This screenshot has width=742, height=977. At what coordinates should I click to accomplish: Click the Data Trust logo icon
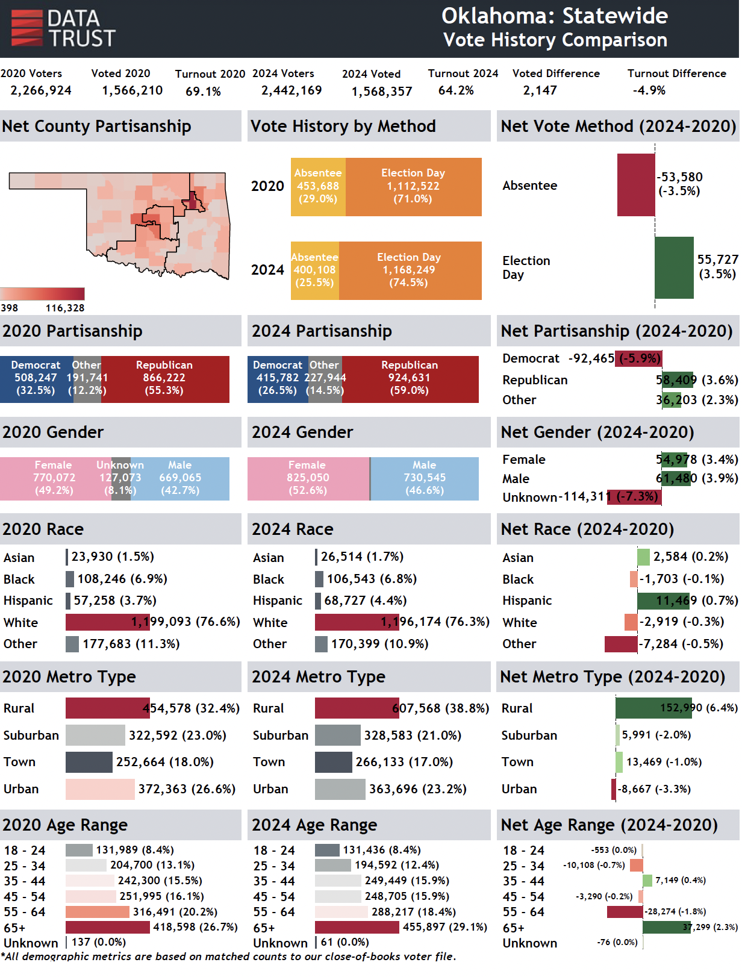pyautogui.click(x=27, y=28)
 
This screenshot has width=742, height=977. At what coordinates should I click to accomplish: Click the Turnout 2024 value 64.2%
pyautogui.click(x=457, y=90)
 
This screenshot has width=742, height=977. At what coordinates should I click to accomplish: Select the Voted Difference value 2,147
pyautogui.click(x=541, y=90)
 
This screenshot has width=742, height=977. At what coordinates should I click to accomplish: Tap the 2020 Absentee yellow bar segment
pyautogui.click(x=318, y=187)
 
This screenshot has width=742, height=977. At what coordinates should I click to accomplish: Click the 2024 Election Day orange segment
pyautogui.click(x=410, y=271)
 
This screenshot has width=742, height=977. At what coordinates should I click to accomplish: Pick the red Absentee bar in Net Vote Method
pyautogui.click(x=636, y=186)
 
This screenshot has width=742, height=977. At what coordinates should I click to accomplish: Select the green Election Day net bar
pyautogui.click(x=675, y=268)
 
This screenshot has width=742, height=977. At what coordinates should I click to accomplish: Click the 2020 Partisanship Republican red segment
pyautogui.click(x=165, y=379)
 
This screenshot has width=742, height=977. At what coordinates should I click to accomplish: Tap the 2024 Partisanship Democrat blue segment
pyautogui.click(x=277, y=379)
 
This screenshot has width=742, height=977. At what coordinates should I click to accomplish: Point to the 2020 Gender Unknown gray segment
pyautogui.click(x=121, y=479)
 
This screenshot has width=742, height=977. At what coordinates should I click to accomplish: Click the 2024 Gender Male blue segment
pyautogui.click(x=425, y=479)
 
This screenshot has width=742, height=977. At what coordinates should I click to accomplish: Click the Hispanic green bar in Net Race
pyautogui.click(x=662, y=601)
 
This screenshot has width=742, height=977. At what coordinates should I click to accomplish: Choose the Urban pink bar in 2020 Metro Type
pyautogui.click(x=100, y=790)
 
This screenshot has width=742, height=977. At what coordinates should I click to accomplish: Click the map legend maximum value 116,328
pyautogui.click(x=65, y=308)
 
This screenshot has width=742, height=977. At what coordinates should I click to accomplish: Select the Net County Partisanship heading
pyautogui.click(x=97, y=126)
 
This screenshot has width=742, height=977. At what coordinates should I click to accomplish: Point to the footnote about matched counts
pyautogui.click(x=229, y=957)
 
